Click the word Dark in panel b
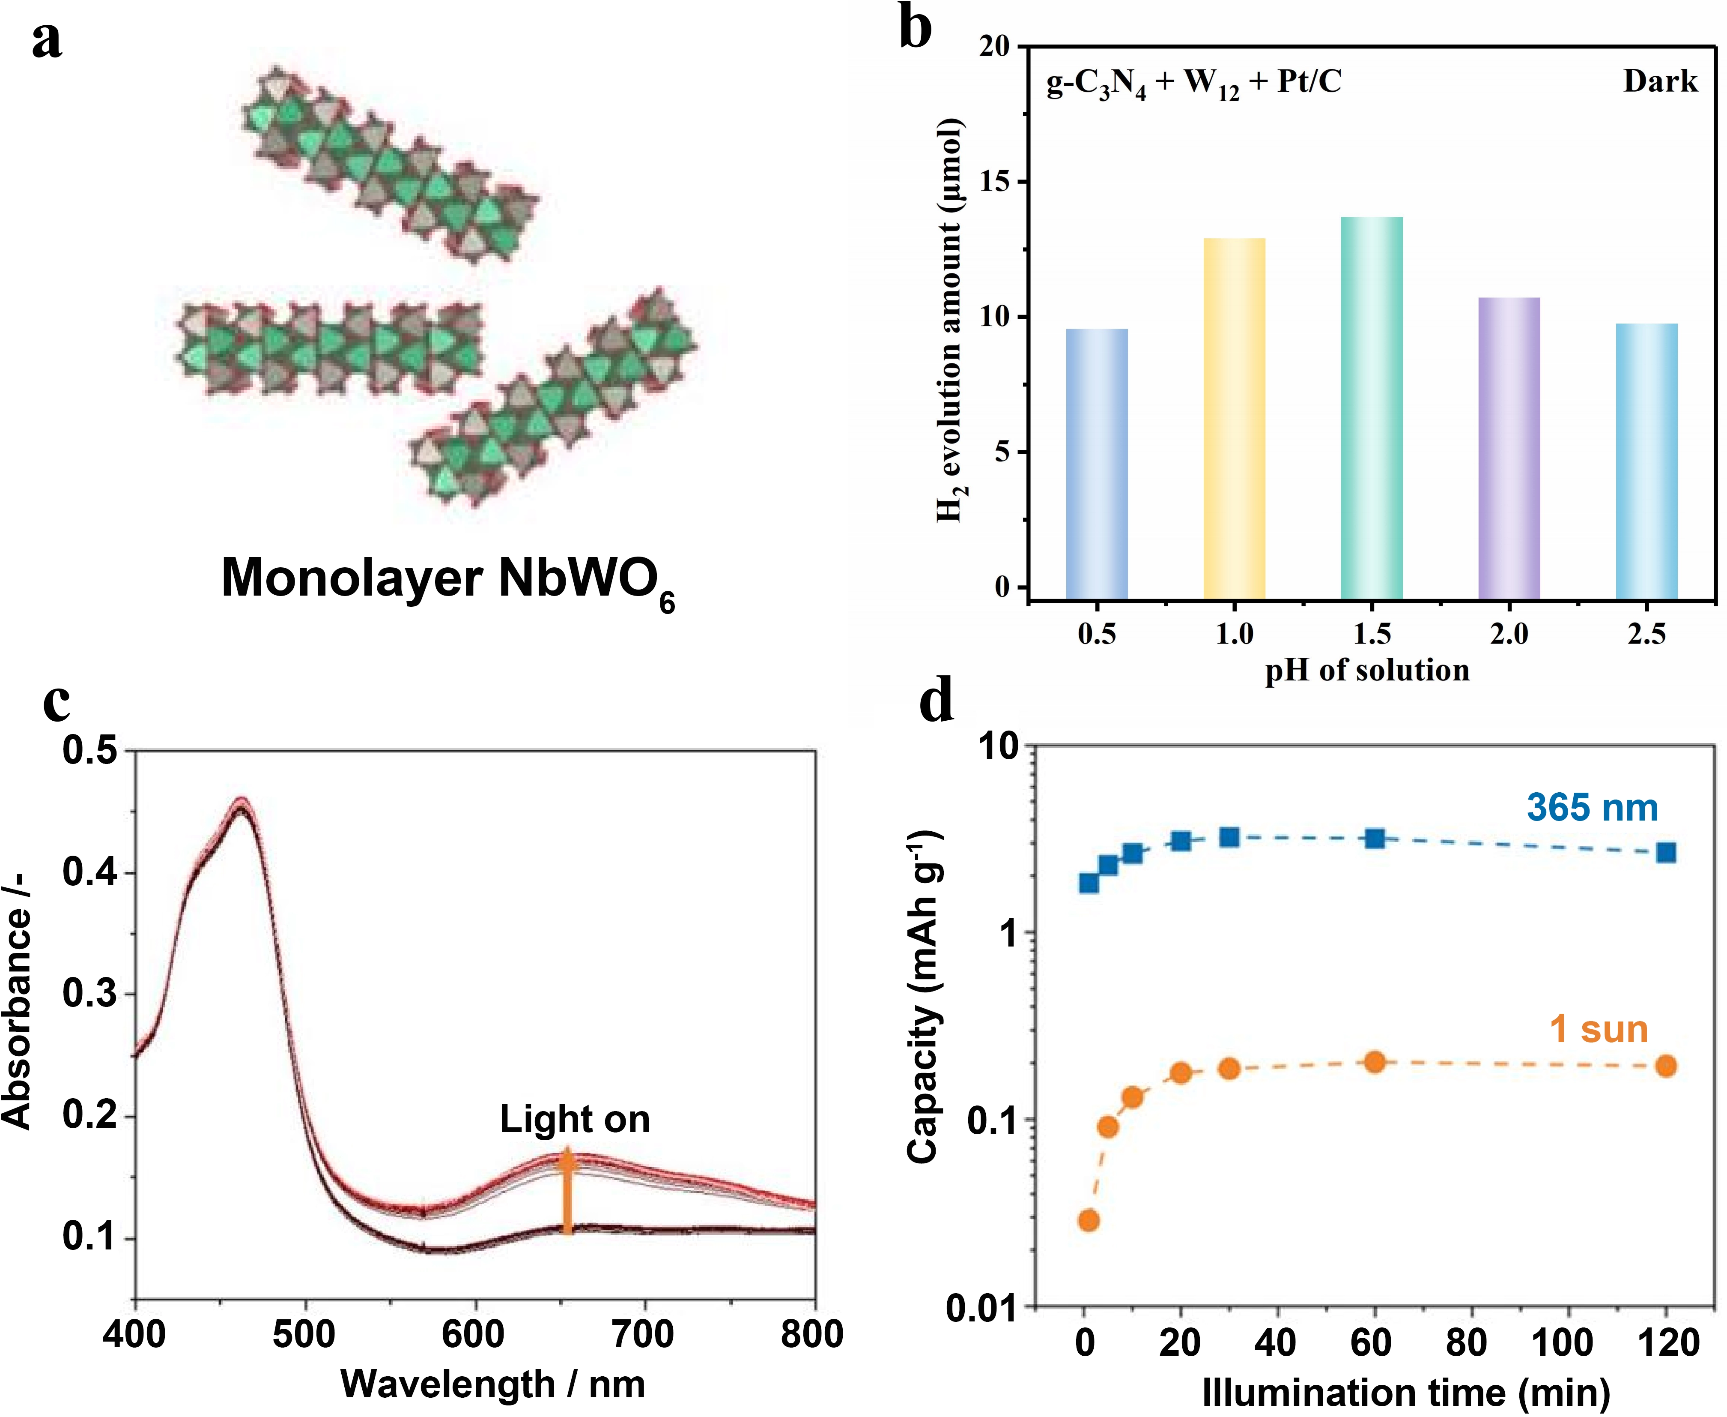[1660, 81]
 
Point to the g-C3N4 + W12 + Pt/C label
[1193, 83]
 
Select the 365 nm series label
[1593, 808]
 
